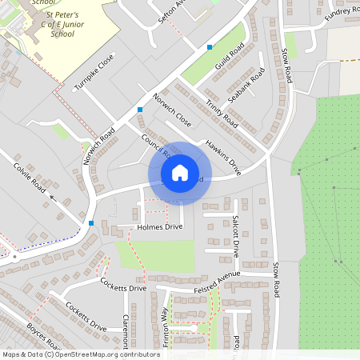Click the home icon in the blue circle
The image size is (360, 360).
pos(180,172)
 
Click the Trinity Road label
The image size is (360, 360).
pos(222,114)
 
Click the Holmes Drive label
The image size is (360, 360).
pos(160,227)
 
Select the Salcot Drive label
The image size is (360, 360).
pos(235,235)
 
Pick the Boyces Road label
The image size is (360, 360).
pos(44,337)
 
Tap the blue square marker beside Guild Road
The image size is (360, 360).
pos(210,47)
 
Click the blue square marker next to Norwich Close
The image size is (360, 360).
pos(140,109)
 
